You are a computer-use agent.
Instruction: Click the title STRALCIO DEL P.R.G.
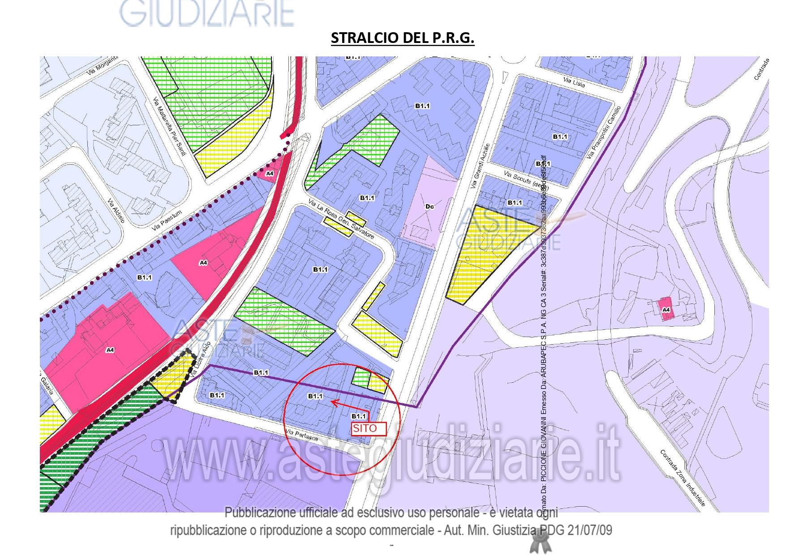coord(402,38)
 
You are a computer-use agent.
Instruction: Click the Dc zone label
coord(430,206)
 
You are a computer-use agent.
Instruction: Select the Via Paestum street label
coord(167,221)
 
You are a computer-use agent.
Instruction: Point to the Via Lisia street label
coord(574,82)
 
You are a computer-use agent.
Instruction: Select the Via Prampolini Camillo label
coord(604,132)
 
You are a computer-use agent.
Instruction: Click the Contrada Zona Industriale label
coord(683,478)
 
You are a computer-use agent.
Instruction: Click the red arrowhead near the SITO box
coord(334,403)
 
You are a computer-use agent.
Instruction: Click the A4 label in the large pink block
coord(110,350)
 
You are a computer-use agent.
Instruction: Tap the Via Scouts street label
coord(524,179)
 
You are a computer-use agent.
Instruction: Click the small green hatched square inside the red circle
coord(360,376)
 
